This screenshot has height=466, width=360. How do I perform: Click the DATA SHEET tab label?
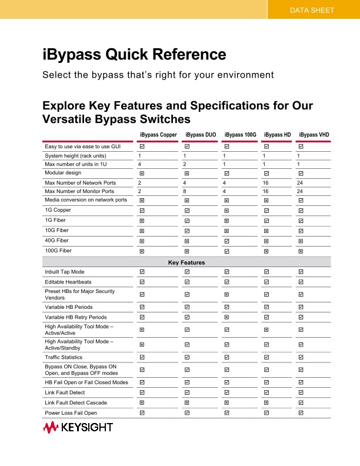312,10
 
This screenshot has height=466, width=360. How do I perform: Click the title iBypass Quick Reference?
134,55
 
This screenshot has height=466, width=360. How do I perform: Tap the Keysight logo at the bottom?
77,428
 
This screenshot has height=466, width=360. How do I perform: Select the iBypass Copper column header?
158,135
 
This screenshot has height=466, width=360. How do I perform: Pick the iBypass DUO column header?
201,135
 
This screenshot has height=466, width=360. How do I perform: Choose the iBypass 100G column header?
240,135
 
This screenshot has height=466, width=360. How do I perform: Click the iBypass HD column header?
277,135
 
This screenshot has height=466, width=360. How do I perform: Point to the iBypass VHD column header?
314,135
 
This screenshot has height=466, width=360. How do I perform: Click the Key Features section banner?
186,262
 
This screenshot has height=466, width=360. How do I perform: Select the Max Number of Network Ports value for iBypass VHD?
300,183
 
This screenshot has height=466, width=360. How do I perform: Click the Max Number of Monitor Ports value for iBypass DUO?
185,191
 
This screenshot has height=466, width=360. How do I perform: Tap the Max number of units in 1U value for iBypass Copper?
139,164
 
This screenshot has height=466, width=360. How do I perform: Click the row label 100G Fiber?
58,251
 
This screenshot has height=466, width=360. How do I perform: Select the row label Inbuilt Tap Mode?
65,272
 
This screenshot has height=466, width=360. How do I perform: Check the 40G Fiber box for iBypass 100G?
226,241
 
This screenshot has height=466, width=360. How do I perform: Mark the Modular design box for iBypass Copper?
142,174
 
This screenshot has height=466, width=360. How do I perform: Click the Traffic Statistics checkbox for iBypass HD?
266,358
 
